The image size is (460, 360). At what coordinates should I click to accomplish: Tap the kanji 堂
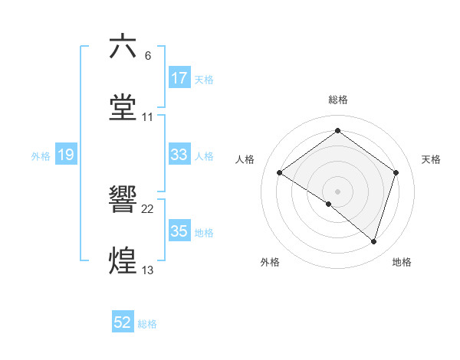click(x=123, y=107)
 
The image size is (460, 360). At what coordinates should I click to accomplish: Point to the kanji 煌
click(x=123, y=260)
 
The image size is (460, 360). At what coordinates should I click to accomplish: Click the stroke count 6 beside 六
click(x=147, y=56)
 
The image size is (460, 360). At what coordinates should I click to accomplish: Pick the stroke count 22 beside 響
click(x=148, y=209)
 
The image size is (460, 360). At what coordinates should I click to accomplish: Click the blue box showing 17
click(x=179, y=78)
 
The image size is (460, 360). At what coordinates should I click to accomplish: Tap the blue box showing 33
click(x=179, y=155)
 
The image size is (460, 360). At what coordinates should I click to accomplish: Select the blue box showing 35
click(x=179, y=231)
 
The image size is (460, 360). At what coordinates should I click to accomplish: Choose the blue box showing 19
click(x=65, y=155)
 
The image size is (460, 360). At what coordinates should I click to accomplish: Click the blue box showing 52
click(x=123, y=323)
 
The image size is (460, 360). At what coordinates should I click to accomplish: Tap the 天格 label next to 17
click(x=204, y=79)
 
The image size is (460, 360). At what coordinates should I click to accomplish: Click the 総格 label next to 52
click(x=147, y=324)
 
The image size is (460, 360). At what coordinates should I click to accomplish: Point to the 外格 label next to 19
click(x=41, y=156)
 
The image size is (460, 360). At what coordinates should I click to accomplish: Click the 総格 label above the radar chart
click(x=337, y=100)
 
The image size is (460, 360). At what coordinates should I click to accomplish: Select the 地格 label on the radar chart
click(x=402, y=263)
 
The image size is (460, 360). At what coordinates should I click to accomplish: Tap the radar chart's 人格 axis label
click(x=245, y=159)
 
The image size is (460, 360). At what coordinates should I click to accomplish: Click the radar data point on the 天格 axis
click(x=396, y=172)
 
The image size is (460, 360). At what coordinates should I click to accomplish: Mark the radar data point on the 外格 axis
click(x=329, y=204)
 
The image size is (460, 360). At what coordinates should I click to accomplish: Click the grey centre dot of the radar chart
click(x=337, y=191)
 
